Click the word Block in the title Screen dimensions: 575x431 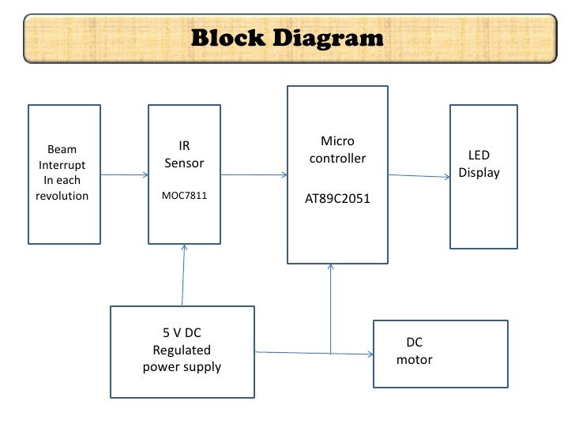click(227, 37)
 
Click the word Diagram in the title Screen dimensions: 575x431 click(329, 39)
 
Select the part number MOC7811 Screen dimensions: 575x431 click(185, 195)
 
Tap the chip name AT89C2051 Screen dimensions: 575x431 click(337, 199)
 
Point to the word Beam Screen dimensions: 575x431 click(62, 149)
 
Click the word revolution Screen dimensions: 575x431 click(62, 196)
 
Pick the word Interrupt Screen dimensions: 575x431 click(62, 165)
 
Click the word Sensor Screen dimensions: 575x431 click(184, 163)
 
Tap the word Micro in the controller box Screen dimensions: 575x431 click(337, 141)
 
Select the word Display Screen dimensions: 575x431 click(479, 173)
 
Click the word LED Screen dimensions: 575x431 click(479, 155)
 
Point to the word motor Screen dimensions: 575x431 click(415, 359)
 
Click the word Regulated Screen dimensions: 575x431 click(182, 350)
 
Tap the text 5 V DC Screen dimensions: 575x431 click(182, 333)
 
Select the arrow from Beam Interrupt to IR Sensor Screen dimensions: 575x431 click(124, 174)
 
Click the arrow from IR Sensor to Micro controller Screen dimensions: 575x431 click(254, 174)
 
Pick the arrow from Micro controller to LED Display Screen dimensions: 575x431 click(419, 176)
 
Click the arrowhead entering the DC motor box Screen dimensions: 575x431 click(370, 354)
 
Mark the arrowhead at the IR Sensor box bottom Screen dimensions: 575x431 click(184, 247)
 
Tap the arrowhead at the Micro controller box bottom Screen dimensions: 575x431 click(330, 267)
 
